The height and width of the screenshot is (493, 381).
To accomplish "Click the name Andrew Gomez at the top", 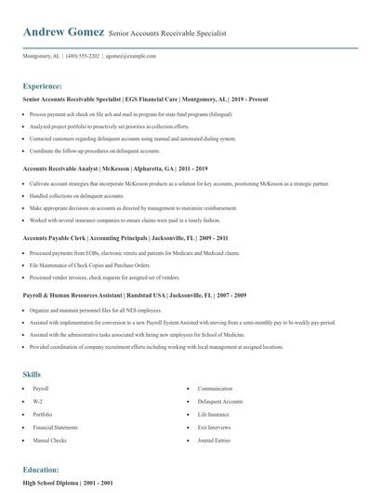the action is (63, 32).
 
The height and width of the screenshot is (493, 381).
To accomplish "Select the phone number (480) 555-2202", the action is (97, 56).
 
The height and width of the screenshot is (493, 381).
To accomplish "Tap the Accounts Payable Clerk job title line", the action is (112, 238).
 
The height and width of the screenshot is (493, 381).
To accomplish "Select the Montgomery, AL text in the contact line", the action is (42, 56).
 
